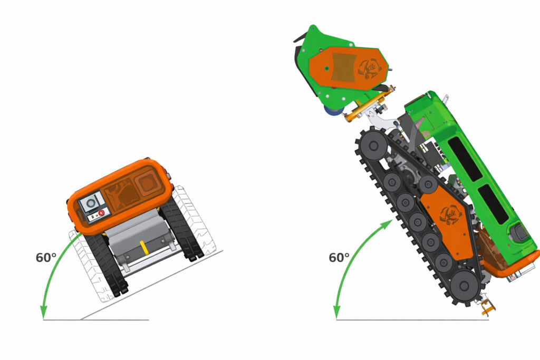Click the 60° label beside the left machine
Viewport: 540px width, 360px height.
coord(46,257)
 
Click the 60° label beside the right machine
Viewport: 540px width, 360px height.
coord(339,257)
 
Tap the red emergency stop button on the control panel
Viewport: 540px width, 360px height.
coord(101,213)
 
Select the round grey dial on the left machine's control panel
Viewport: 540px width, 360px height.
coord(91,203)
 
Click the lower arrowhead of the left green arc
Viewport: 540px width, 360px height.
coord(43,312)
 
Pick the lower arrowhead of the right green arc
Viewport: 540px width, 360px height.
coord(336,312)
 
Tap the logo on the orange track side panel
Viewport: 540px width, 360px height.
coord(450,215)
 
